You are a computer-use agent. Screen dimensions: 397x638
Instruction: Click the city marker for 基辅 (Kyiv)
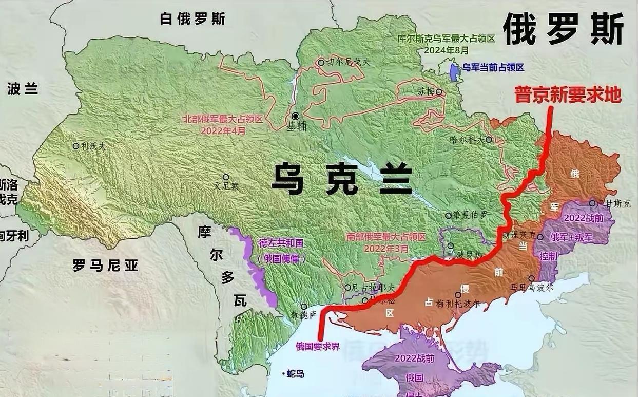tap(296, 117)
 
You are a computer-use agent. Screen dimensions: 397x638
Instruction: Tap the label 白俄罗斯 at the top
tap(192, 20)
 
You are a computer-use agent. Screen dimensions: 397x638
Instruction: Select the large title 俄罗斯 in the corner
tap(563, 29)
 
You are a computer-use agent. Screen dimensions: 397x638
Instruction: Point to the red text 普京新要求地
tap(568, 95)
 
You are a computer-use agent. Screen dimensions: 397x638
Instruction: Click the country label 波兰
tap(23, 89)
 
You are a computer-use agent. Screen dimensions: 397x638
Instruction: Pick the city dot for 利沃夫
tap(76, 146)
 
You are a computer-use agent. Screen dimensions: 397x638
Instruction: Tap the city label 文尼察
tap(226, 186)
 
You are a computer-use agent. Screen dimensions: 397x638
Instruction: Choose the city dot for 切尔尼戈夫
tap(321, 62)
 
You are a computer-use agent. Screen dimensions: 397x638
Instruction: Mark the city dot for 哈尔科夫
tap(489, 139)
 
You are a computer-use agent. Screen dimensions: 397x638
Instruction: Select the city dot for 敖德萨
tap(304, 306)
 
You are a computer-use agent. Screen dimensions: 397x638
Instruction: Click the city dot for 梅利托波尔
tap(458, 295)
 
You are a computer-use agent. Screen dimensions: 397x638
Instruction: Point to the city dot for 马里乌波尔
tap(531, 278)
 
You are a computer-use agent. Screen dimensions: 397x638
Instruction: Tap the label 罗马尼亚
tap(105, 266)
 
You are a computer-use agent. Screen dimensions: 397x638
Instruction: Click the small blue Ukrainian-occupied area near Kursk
tap(453, 72)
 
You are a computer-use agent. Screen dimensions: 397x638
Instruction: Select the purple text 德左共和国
tap(281, 243)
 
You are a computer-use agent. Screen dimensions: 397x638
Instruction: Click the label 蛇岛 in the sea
tap(296, 374)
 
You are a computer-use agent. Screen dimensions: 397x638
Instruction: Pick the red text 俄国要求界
tap(318, 346)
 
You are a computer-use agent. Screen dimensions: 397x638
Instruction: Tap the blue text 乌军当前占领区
tap(493, 67)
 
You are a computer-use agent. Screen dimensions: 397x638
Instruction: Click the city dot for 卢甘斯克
tap(592, 203)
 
